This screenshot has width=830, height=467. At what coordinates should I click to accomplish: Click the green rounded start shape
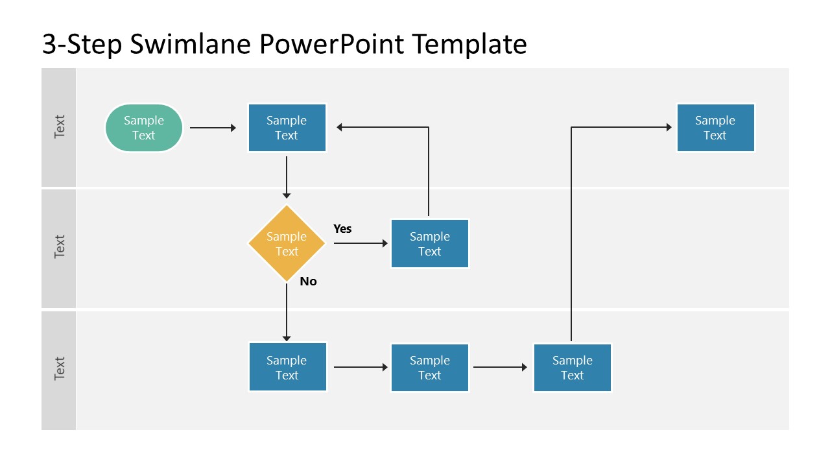(144, 128)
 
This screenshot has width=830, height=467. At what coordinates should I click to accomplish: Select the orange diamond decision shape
(287, 244)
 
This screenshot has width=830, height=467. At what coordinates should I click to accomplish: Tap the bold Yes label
(342, 229)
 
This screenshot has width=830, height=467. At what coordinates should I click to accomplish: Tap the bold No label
(308, 281)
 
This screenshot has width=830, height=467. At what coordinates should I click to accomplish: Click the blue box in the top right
(715, 128)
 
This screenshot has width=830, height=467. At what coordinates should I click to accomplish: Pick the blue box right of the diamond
(429, 244)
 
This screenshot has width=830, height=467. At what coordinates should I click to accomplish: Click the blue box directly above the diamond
(287, 128)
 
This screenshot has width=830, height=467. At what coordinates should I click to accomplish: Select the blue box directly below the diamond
(287, 368)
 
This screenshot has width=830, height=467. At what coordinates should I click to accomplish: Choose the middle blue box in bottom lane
(429, 368)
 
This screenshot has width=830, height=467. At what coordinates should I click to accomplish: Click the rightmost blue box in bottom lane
(572, 368)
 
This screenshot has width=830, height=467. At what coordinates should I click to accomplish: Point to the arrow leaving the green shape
(213, 128)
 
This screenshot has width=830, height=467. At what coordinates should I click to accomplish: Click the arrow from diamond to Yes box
(361, 244)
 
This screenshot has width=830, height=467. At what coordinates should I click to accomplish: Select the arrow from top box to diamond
(287, 175)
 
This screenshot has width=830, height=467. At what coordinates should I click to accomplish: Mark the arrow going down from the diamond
(287, 311)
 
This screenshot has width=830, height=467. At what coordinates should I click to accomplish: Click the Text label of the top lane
(59, 127)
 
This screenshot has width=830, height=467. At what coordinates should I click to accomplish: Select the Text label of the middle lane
(59, 247)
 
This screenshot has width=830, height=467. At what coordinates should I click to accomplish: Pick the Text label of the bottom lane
(59, 368)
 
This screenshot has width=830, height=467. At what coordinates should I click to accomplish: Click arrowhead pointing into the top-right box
(669, 128)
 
